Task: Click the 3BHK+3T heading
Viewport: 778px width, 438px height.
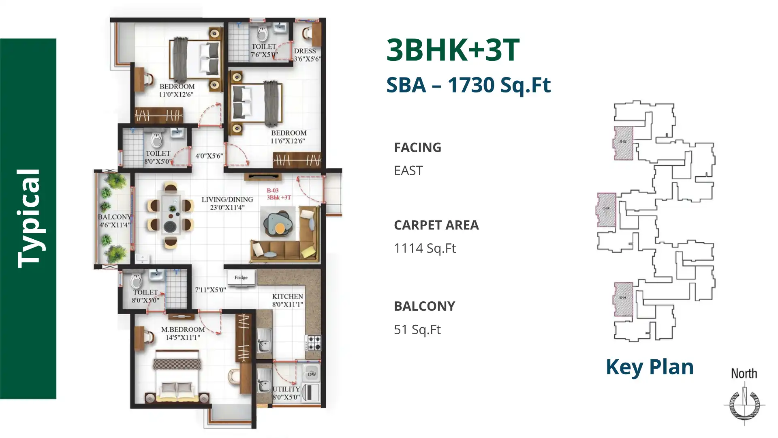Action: pos(453,50)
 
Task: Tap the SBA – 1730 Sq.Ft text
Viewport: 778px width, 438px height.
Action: pos(468,85)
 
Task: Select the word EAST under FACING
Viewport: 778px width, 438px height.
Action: pos(408,171)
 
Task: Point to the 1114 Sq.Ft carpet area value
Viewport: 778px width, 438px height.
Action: pos(425,248)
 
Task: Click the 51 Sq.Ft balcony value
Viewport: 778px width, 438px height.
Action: pos(417,330)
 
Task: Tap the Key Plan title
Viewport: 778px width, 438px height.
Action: pos(649,367)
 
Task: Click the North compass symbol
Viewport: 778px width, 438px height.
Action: pos(744,404)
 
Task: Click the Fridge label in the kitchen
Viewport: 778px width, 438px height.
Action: pos(241,278)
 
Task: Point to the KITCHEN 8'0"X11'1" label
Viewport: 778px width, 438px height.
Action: pos(287,301)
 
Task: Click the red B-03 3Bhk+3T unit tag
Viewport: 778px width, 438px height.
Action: pos(278,194)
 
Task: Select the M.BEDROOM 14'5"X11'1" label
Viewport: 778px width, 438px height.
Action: pos(183,333)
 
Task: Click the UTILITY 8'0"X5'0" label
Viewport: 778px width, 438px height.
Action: pos(286,393)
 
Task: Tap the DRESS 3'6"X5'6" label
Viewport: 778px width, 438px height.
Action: pos(306,55)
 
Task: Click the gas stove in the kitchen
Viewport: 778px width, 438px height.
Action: pos(313,343)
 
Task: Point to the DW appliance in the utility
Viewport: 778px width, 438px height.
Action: pos(312,374)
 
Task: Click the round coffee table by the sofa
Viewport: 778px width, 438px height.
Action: pos(280,228)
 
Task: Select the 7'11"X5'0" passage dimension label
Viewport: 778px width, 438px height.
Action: pos(210,290)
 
